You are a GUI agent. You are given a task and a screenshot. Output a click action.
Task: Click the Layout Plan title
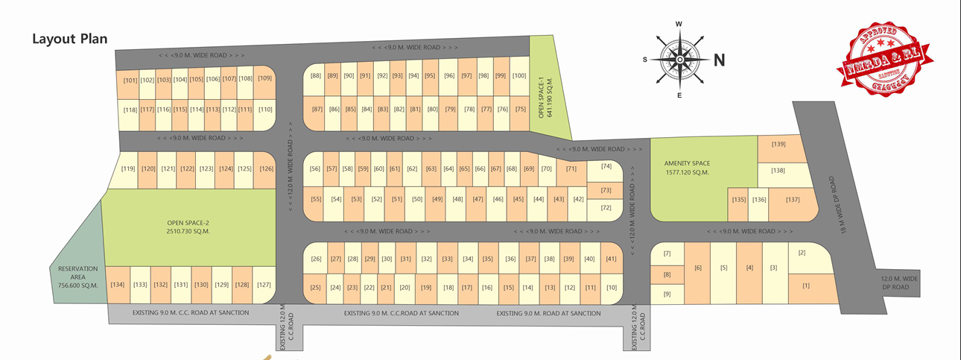(71, 39)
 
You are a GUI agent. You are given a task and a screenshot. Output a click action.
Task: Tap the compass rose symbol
(679, 60)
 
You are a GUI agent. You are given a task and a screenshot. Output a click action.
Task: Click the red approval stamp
(886, 59)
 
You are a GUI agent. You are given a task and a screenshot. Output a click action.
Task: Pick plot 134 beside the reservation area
(117, 284)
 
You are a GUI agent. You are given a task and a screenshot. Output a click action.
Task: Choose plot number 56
(314, 169)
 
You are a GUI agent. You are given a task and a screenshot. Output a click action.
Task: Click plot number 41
(611, 259)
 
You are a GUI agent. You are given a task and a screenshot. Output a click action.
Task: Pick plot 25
(315, 288)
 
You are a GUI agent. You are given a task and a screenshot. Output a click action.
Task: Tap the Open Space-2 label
(188, 227)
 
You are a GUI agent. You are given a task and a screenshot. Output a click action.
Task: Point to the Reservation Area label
(78, 277)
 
